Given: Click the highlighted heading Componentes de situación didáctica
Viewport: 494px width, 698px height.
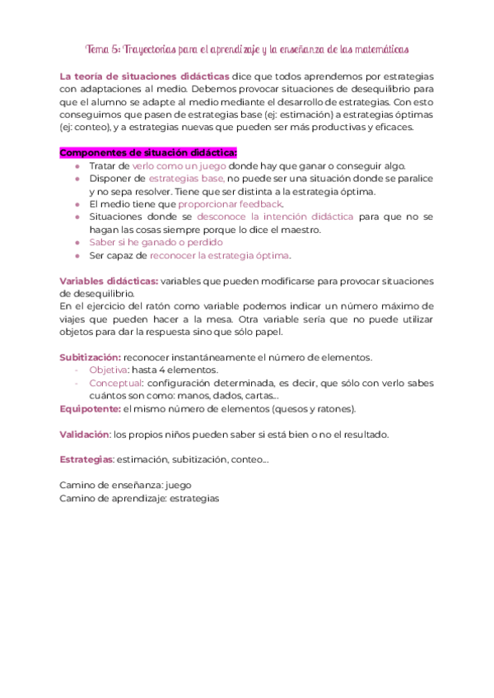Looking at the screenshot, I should pos(149,152).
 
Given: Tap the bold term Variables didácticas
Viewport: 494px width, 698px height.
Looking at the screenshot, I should pos(109,281).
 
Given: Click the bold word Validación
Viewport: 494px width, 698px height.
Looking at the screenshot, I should pos(85,434).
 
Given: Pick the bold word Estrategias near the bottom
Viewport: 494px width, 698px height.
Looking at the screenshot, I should pos(86,459).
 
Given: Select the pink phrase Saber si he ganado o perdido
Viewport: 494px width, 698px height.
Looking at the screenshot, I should pos(156,242).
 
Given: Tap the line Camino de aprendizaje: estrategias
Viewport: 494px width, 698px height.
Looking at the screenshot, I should pos(139,498).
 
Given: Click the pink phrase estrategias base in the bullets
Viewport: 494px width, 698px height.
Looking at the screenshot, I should pos(186,178).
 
